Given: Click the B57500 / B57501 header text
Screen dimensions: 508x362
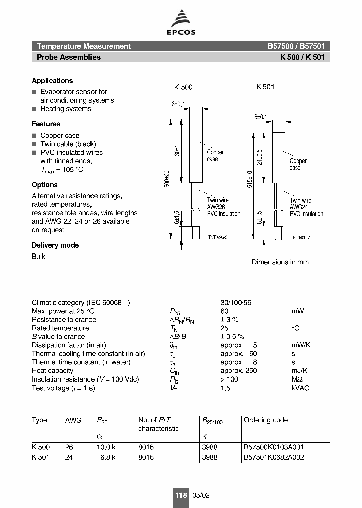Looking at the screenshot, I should pyautogui.click(x=296, y=46).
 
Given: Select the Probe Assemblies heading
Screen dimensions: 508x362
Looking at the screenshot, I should pyautogui.click(x=68, y=57).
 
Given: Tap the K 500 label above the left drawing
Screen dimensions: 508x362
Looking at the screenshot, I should pyautogui.click(x=183, y=87).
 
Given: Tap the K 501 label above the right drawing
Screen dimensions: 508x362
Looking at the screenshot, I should pyautogui.click(x=265, y=87).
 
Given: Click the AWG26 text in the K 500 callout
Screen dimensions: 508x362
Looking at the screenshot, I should pyautogui.click(x=216, y=207).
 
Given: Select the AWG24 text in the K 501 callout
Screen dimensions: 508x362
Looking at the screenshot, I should pyautogui.click(x=298, y=207).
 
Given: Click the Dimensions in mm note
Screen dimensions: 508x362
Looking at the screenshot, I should pyautogui.click(x=280, y=262).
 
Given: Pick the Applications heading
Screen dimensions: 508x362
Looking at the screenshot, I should pyautogui.click(x=52, y=80).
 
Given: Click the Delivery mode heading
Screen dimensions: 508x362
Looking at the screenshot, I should pyautogui.click(x=55, y=245).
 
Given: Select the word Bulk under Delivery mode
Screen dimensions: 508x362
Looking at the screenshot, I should pyautogui.click(x=38, y=257).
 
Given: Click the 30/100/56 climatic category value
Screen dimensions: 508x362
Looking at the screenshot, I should pyautogui.click(x=236, y=303).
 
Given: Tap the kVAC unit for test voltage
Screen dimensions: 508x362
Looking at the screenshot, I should pyautogui.click(x=300, y=388).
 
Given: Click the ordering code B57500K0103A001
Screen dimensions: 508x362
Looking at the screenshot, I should pyautogui.click(x=274, y=447).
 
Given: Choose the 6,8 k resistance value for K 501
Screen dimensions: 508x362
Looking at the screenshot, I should pyautogui.click(x=107, y=457).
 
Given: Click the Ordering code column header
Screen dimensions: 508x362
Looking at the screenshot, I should pyautogui.click(x=265, y=420).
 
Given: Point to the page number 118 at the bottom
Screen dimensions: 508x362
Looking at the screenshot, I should pyautogui.click(x=180, y=495).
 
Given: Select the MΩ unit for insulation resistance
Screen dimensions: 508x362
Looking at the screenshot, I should pyautogui.click(x=298, y=379).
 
